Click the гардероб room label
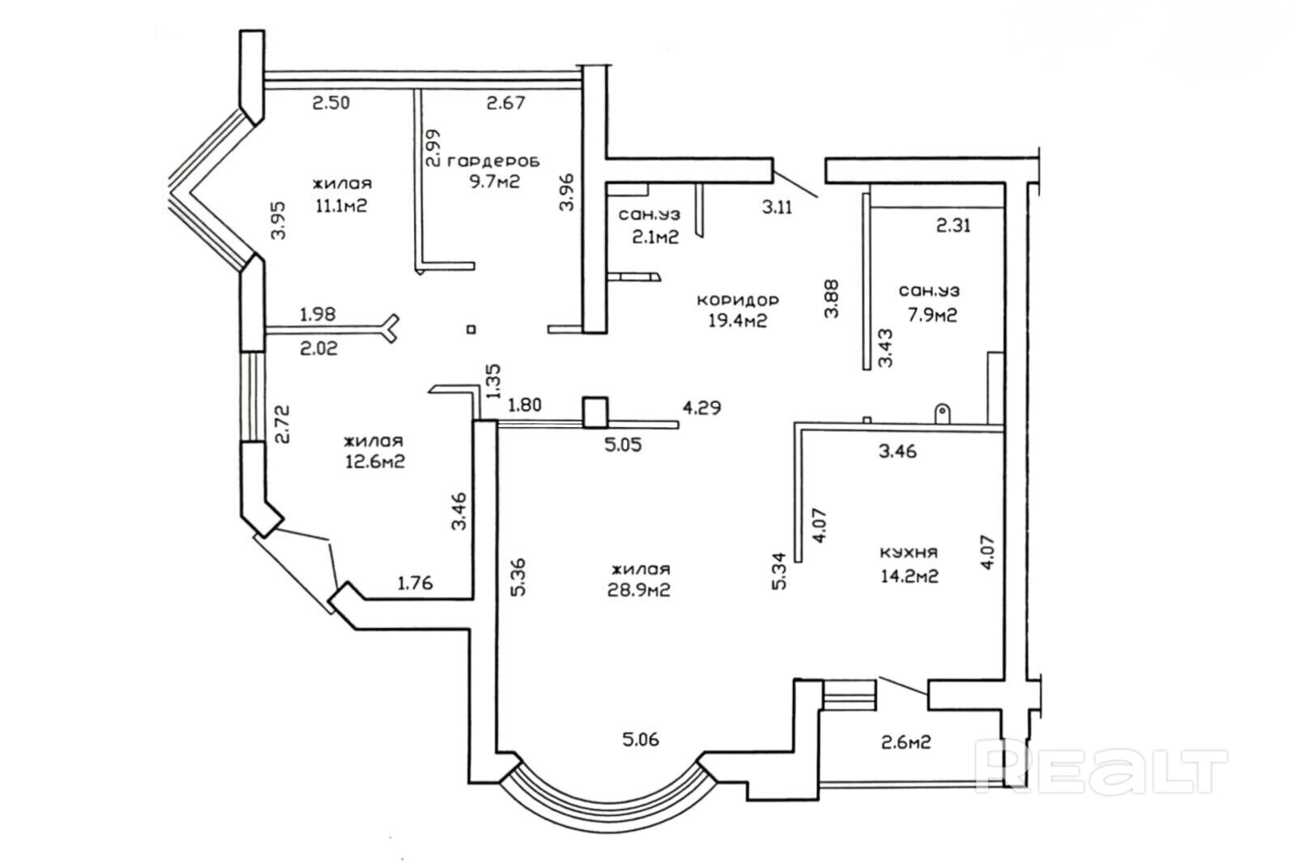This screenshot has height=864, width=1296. click(x=493, y=160)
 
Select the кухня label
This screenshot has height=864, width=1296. click(x=909, y=553)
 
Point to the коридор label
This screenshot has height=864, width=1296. click(x=738, y=301)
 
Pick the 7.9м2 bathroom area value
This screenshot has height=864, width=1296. click(x=929, y=314)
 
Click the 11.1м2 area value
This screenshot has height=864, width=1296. click(x=342, y=205)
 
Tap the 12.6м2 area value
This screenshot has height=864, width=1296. click(x=373, y=462)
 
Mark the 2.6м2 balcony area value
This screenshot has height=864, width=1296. click(x=904, y=741)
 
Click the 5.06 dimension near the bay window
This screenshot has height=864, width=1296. click(x=640, y=739)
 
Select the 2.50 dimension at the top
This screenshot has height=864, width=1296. click(x=332, y=103)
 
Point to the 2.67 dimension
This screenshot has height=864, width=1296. click(x=505, y=103)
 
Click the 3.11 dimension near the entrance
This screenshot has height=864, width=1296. click(x=778, y=207)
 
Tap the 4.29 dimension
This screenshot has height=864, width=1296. click(x=701, y=407)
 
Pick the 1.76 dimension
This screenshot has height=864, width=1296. click(x=416, y=582)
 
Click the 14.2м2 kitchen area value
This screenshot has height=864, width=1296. click(x=909, y=577)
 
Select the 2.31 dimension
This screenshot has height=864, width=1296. click(x=953, y=226)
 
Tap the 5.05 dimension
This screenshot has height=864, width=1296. click(x=623, y=444)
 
